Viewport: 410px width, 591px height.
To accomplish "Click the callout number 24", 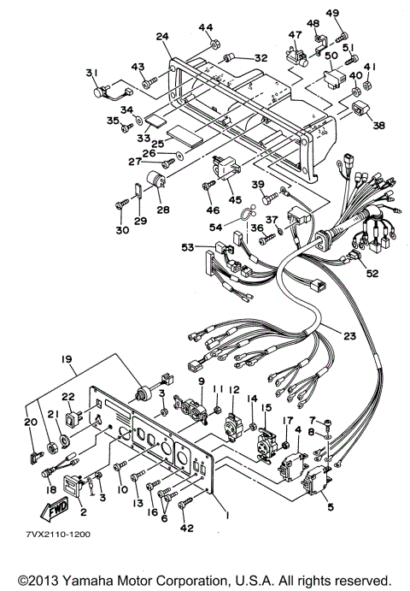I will (x=162, y=37).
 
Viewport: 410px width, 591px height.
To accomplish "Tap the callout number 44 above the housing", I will (x=206, y=28).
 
